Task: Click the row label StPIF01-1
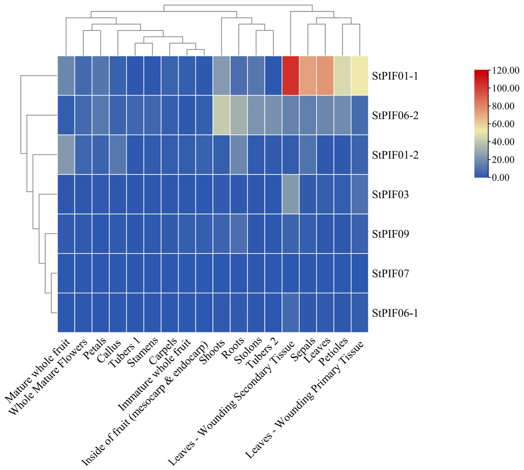point(395,76)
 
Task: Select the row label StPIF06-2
point(395,115)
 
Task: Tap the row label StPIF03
point(390,194)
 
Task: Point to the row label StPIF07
point(390,273)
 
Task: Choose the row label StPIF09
point(390,234)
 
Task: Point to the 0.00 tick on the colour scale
point(500,177)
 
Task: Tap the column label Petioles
point(333,352)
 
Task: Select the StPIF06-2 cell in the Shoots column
point(221,115)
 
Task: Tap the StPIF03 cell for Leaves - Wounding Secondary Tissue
point(290,194)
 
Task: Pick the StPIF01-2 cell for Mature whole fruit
point(66,155)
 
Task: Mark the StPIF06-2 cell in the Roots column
point(239,115)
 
